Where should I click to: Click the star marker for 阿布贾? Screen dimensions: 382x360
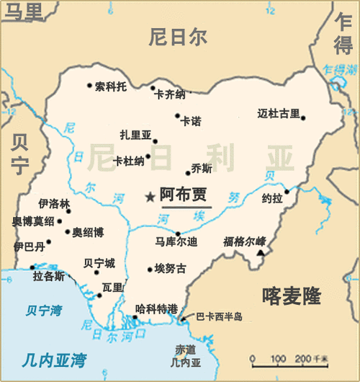click(150, 196)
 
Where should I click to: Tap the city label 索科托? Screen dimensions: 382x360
click(111, 86)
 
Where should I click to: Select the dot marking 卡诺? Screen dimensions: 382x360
click(177, 115)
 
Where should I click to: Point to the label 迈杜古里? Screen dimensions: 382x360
click(279, 113)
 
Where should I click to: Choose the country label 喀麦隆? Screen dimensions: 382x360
click(292, 296)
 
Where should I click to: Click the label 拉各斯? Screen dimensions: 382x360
click(49, 276)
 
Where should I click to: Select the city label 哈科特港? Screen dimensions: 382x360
click(156, 308)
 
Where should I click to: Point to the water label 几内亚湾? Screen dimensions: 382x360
click(53, 358)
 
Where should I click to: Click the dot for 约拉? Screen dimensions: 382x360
click(287, 191)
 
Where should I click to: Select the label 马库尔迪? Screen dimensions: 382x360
click(177, 241)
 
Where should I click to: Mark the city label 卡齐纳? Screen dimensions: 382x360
click(170, 94)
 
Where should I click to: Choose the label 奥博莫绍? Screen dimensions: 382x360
click(32, 221)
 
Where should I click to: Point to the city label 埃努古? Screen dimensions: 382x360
click(171, 269)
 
